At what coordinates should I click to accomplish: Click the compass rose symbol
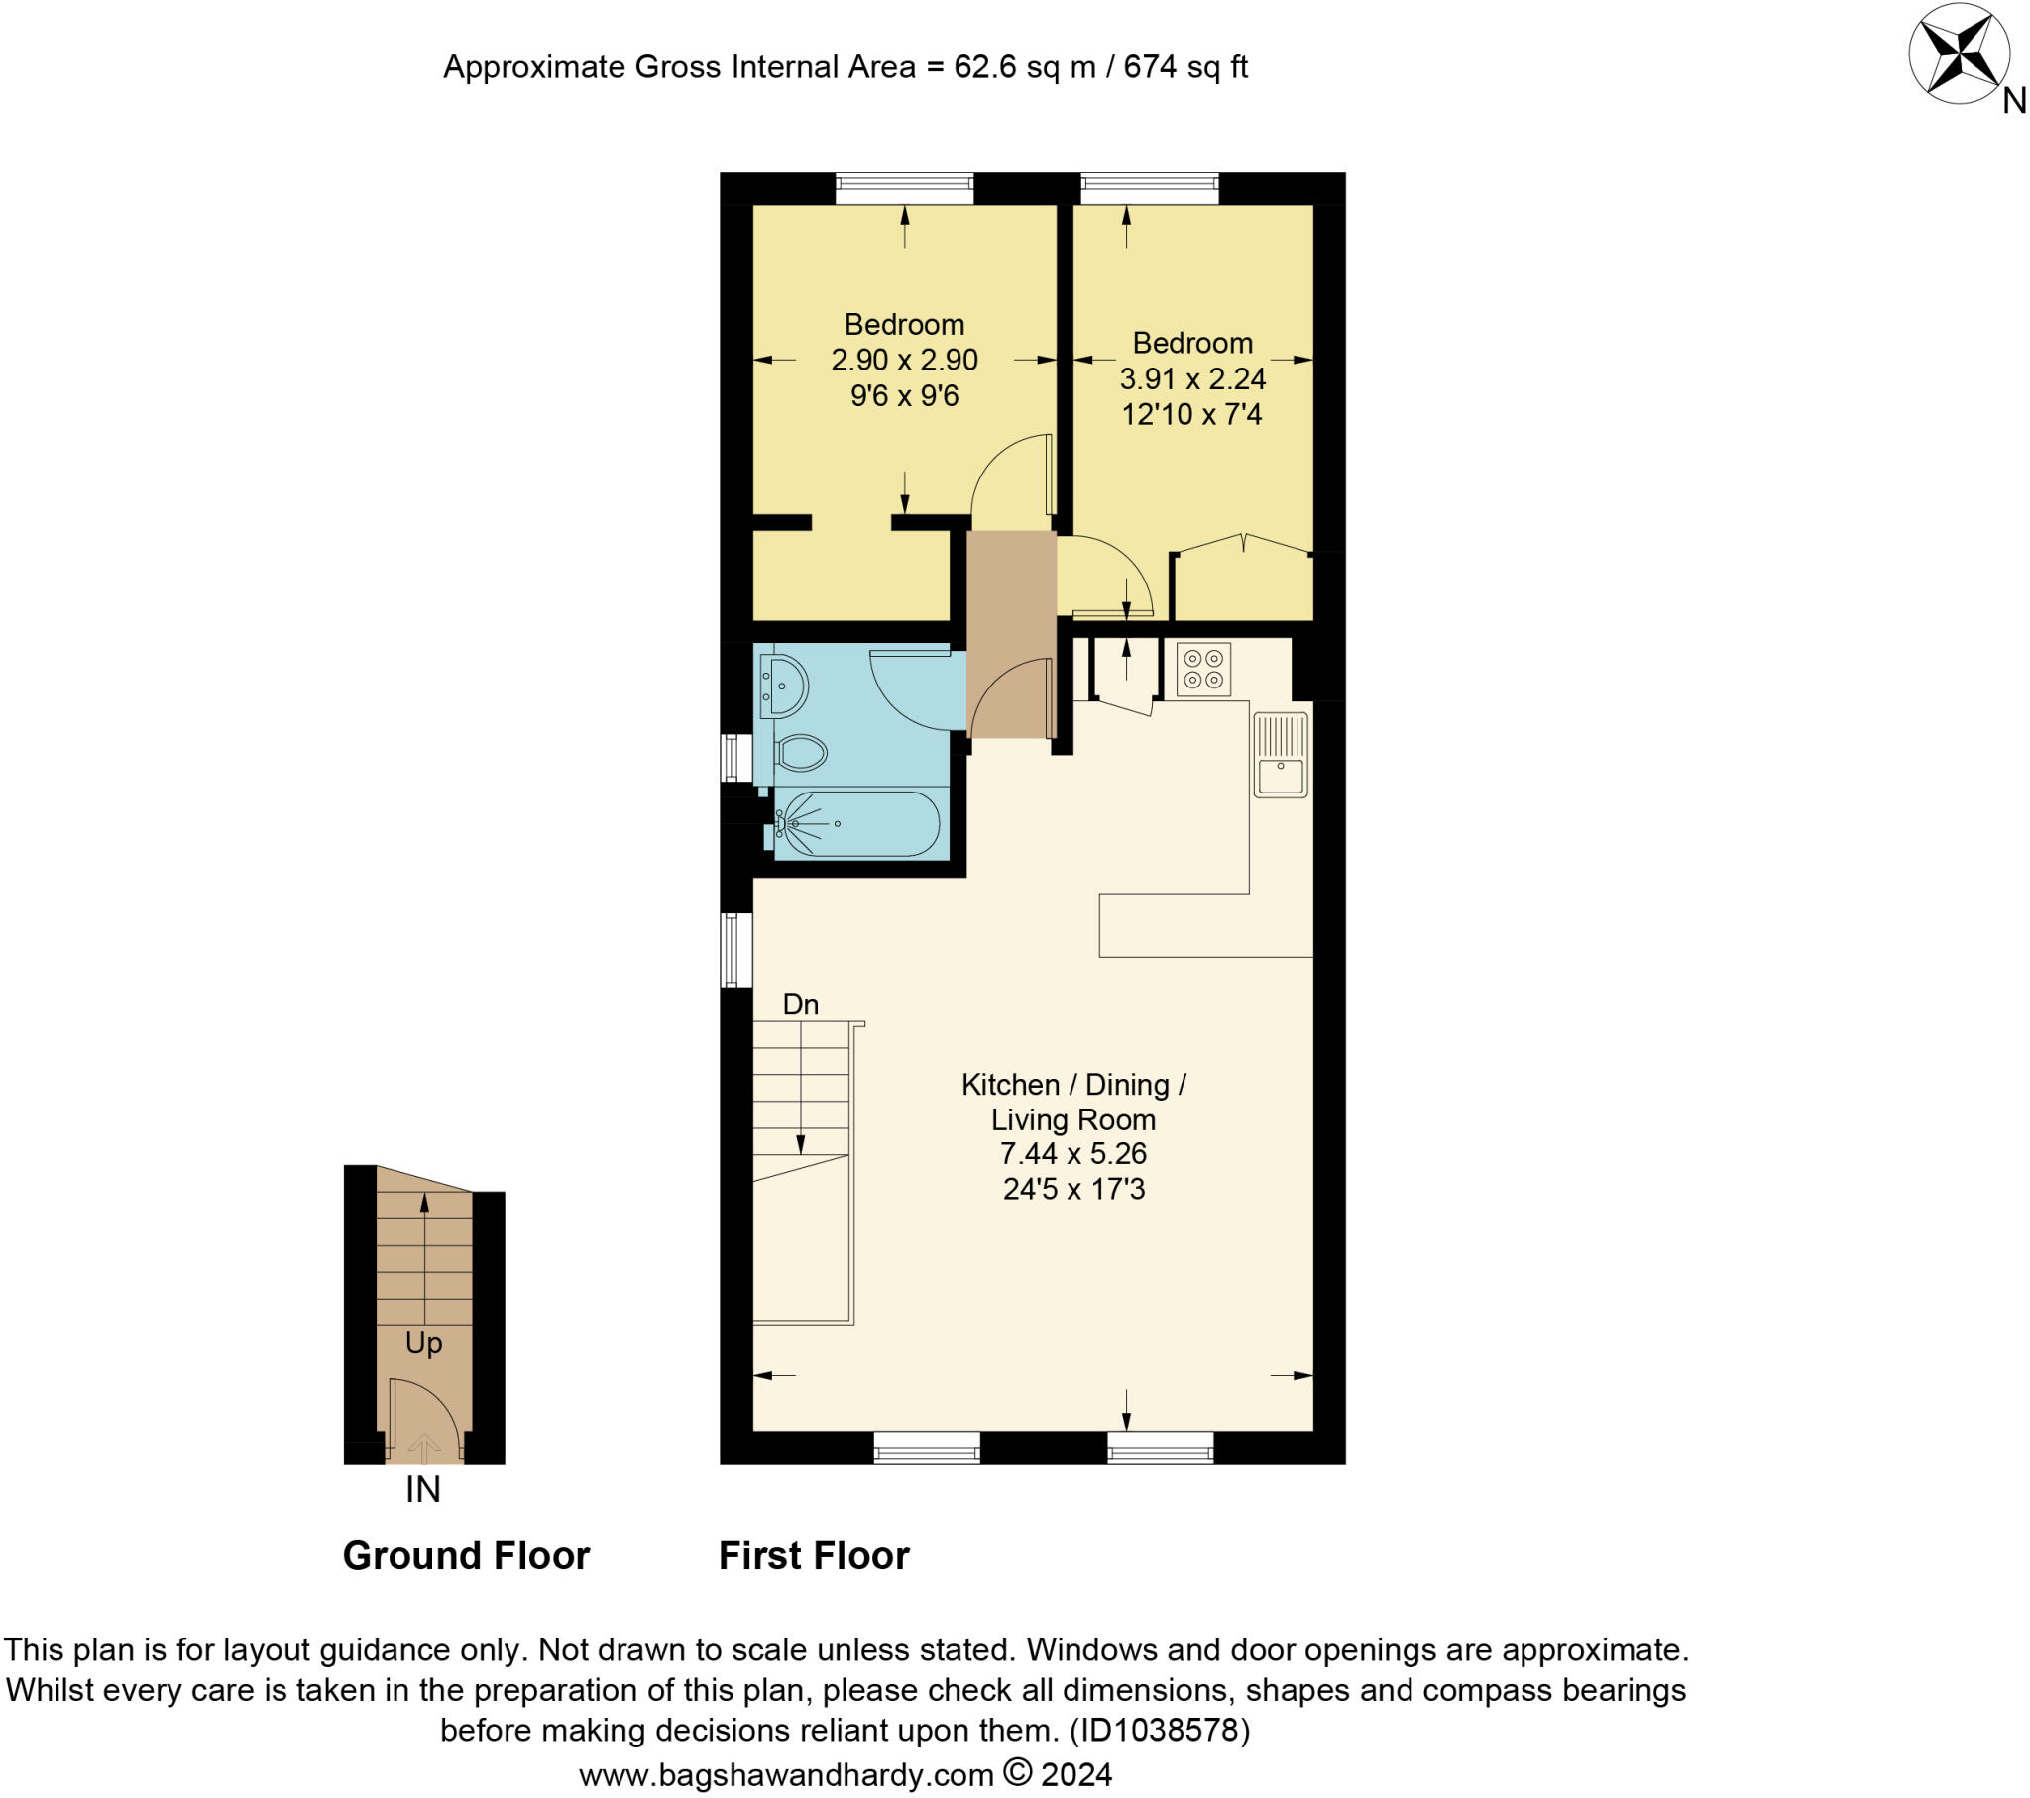pos(1961,54)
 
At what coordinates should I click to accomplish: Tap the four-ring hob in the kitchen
pos(1202,668)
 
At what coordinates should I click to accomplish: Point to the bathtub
pos(857,823)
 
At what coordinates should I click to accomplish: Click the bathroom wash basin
pos(785,687)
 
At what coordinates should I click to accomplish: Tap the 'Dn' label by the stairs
pos(801,1004)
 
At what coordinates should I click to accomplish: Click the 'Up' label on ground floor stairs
pos(423,1343)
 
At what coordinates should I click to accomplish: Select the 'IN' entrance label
pos(422,1489)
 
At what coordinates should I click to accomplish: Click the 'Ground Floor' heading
pos(466,1555)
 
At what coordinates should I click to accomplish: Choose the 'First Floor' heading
pos(814,1555)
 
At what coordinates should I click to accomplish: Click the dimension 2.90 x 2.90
pos(904,360)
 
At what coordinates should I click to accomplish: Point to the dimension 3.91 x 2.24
pos(1191,378)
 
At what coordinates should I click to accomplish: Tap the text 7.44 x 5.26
pos(1072,1154)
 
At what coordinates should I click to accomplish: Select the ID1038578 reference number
pos(1159,1730)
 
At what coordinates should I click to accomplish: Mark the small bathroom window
pos(735,758)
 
